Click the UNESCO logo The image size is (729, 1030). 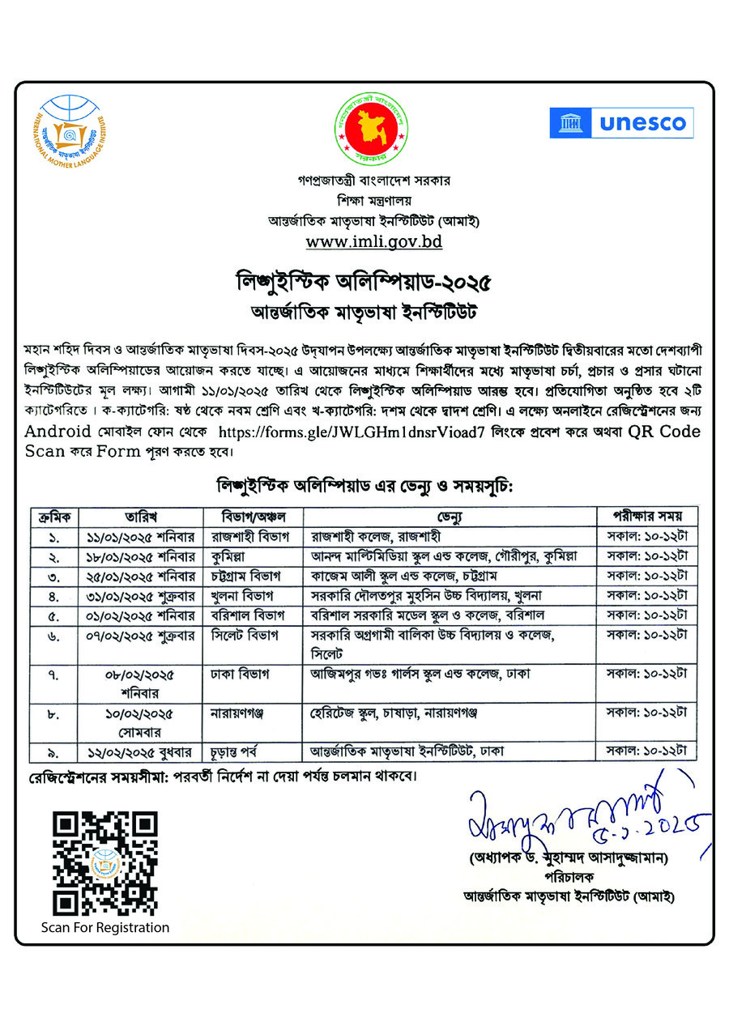(x=621, y=123)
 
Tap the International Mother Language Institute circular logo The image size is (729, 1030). (x=73, y=131)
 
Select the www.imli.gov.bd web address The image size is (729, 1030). (x=373, y=241)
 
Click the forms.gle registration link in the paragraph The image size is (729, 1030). (x=352, y=432)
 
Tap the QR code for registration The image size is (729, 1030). (x=104, y=863)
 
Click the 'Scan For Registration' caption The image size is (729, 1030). (x=105, y=927)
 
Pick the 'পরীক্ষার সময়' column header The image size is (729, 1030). (x=647, y=516)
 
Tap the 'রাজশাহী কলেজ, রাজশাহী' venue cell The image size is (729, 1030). (x=377, y=536)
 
